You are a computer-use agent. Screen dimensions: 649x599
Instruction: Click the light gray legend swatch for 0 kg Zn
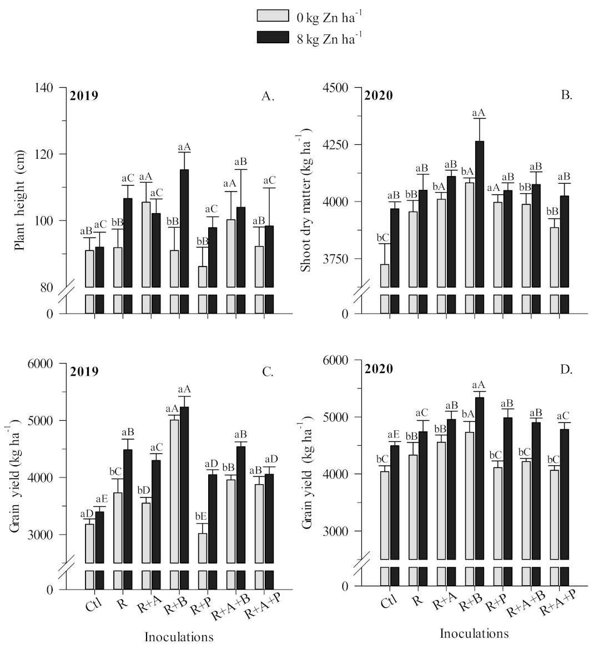(x=273, y=16)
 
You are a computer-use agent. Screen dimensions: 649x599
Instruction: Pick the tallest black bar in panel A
(x=184, y=228)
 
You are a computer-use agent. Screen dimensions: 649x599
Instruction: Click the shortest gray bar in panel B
(x=385, y=275)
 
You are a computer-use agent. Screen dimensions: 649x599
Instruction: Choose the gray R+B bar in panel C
(x=174, y=491)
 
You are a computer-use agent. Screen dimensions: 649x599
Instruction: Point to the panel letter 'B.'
(x=566, y=95)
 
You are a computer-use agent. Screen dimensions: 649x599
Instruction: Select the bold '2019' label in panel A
(x=84, y=95)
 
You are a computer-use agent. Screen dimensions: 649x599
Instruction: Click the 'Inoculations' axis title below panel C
(x=179, y=637)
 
